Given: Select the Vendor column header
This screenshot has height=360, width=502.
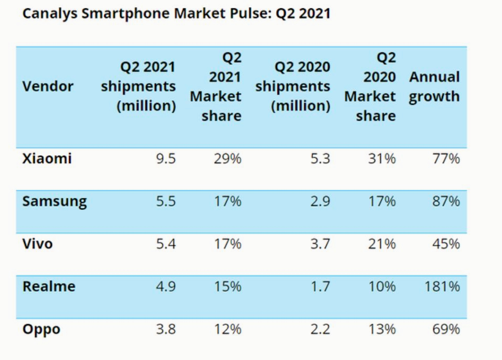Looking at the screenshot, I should [48, 86].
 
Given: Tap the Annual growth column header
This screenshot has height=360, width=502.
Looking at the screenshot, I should [434, 87].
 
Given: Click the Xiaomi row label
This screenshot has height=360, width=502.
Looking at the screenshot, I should [47, 158].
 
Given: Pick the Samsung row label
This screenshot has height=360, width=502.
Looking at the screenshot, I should [55, 202].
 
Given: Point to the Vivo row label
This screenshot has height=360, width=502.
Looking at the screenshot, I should [37, 244].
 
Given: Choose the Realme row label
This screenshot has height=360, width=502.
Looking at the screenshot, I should [49, 287].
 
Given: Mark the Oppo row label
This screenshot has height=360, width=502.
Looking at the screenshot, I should [41, 330].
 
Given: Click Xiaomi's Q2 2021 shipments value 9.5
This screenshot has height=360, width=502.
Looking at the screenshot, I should [165, 158].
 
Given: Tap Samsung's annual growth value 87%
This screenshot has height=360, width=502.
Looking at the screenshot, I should [447, 202].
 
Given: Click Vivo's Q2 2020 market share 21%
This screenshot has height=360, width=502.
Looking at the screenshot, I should [382, 244].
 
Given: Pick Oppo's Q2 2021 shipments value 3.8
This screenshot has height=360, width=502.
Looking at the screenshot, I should [165, 330].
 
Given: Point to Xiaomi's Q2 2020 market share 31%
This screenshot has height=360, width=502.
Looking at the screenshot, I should [382, 158].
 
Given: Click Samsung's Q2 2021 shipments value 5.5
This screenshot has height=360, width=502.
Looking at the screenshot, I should [165, 202].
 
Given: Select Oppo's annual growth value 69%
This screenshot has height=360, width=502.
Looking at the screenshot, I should [447, 330].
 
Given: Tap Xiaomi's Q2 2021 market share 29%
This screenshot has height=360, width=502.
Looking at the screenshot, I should [228, 158].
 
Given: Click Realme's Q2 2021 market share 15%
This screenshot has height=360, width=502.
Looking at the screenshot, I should [228, 287].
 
